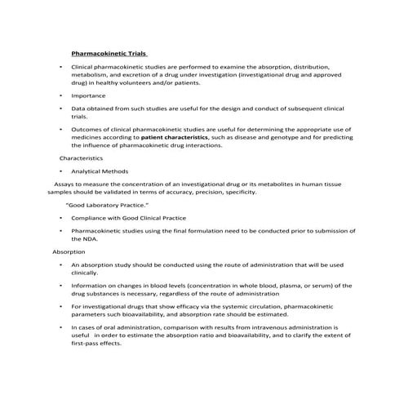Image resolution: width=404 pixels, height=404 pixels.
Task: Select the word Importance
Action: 88,95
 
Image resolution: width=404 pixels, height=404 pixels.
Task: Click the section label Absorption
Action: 69,252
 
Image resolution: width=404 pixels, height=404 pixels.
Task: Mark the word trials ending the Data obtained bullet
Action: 79,115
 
